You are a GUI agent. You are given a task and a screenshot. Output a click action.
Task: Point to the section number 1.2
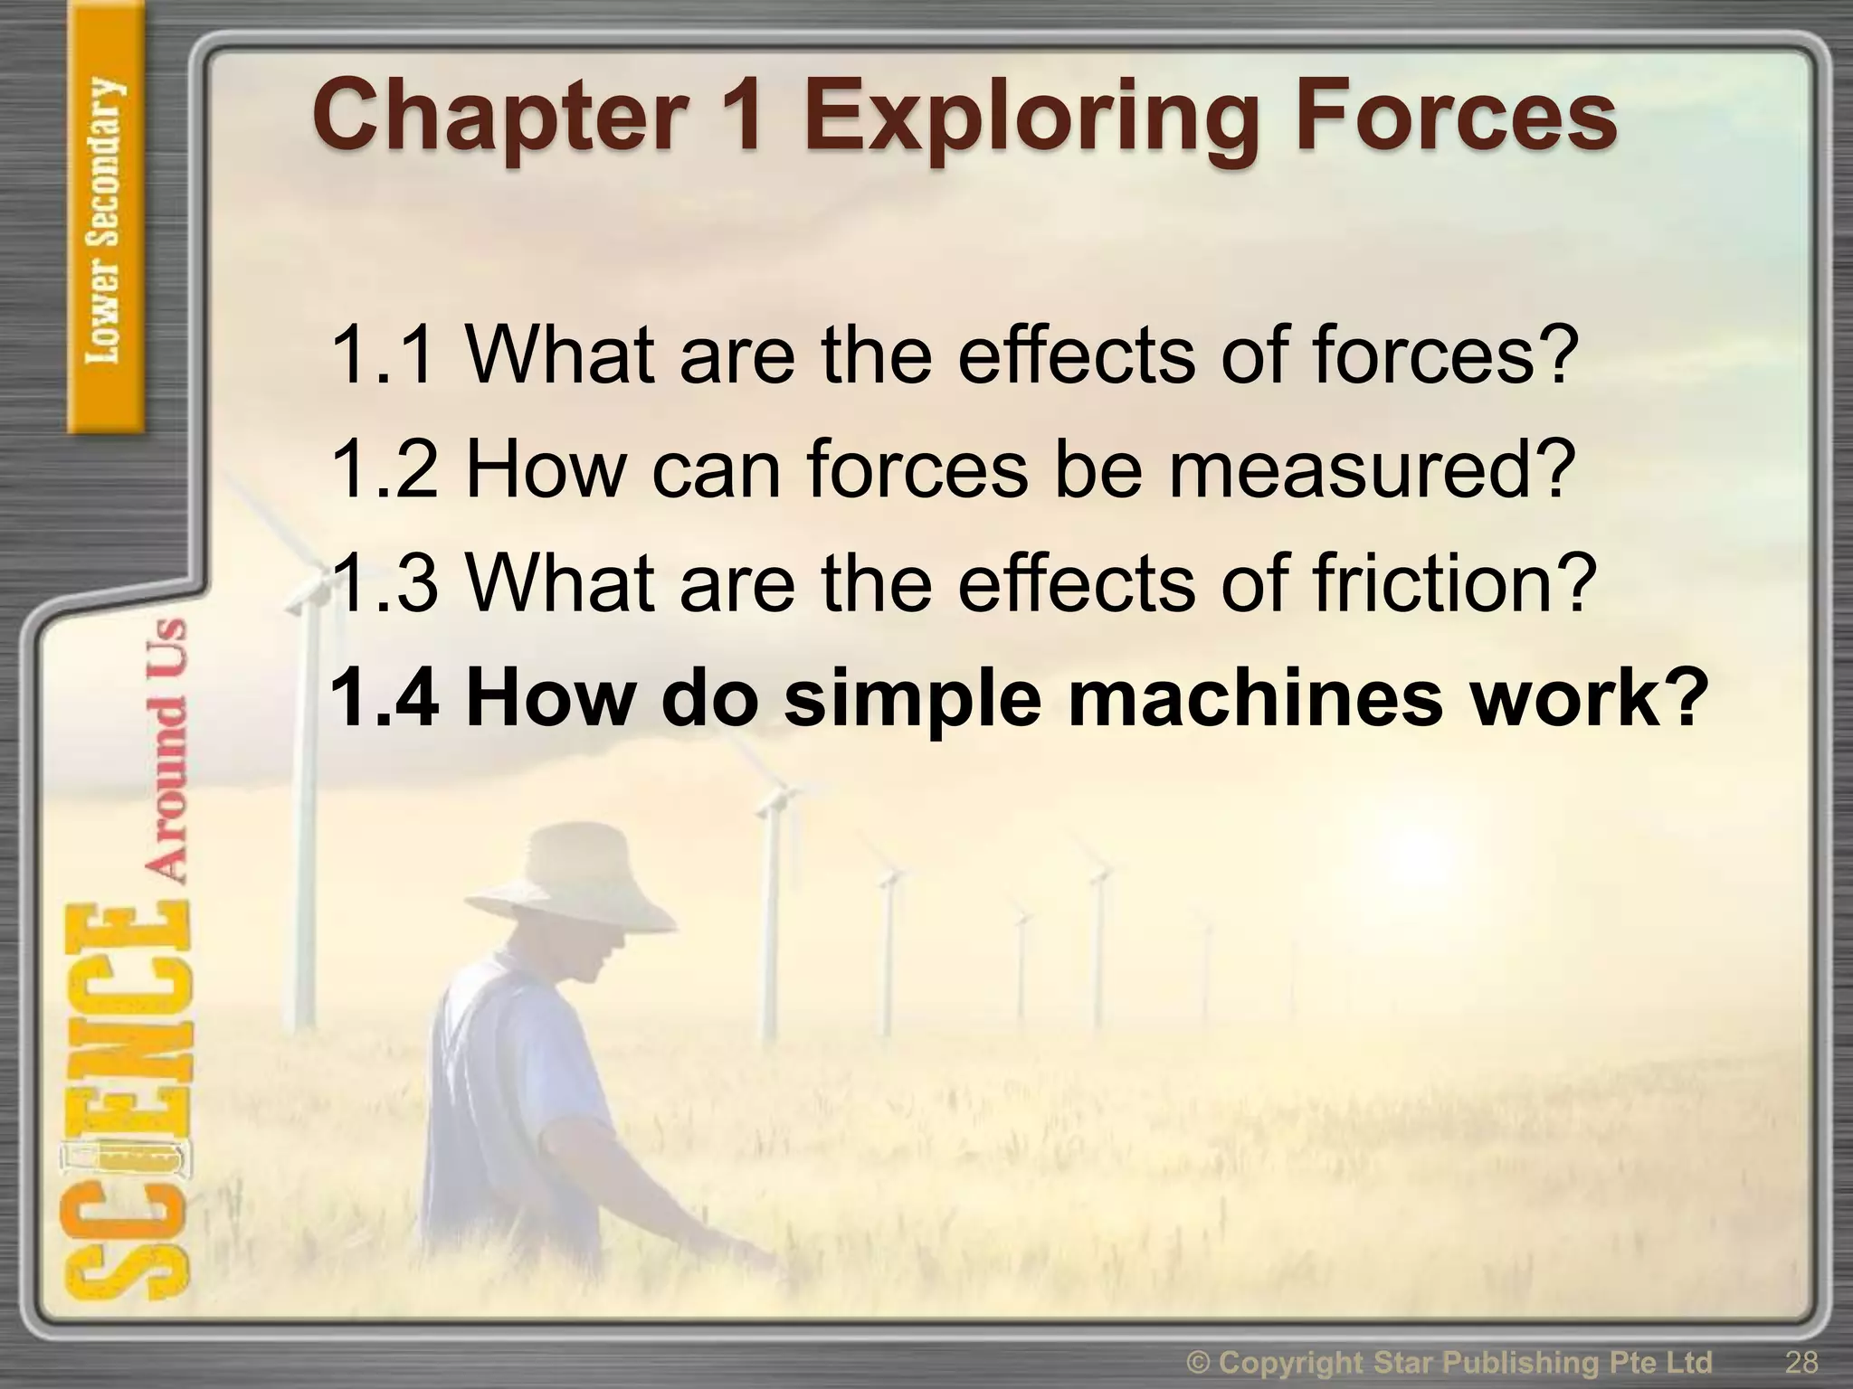(x=385, y=469)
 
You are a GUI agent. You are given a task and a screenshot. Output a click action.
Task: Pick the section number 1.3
(x=385, y=583)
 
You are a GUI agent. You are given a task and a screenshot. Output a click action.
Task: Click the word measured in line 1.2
(x=1366, y=469)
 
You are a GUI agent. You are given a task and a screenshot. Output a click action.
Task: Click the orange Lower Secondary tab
(x=106, y=222)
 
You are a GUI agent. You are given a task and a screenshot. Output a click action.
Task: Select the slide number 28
(x=1801, y=1362)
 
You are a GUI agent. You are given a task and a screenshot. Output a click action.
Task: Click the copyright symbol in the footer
(x=1201, y=1362)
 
